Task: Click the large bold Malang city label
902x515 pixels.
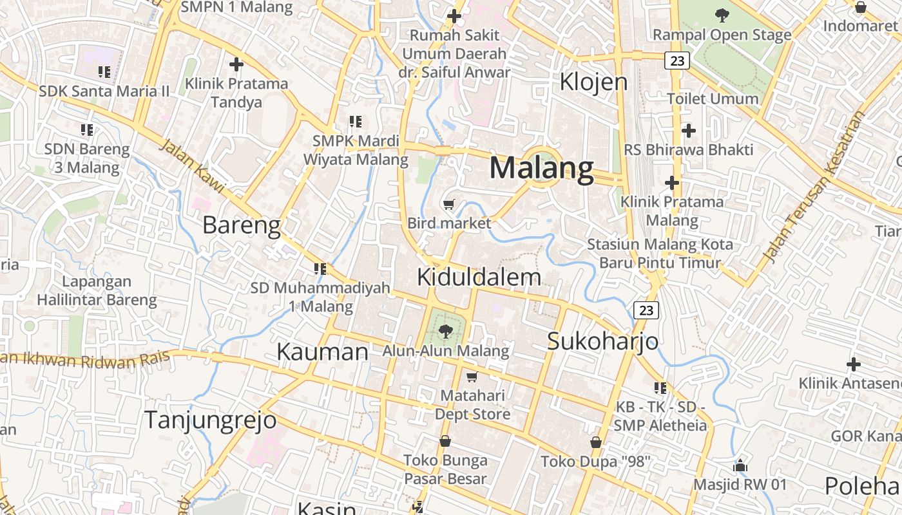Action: coord(541,169)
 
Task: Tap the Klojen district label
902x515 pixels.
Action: coord(593,82)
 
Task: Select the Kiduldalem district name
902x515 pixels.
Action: coord(479,277)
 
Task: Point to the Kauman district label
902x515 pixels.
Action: coord(322,351)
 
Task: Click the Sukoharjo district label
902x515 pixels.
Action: coord(602,341)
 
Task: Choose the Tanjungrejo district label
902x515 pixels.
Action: coord(210,420)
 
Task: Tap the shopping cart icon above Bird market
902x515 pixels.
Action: coord(449,205)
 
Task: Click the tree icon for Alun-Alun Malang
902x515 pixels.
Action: coord(445,332)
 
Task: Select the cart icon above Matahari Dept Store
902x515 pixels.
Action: coord(472,377)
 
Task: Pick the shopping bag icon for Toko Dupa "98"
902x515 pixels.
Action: coord(595,442)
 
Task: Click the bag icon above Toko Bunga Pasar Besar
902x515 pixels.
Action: coord(445,441)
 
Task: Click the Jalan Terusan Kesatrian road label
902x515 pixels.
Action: coord(814,187)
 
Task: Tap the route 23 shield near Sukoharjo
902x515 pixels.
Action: coord(646,310)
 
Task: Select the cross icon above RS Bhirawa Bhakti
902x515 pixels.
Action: coord(688,131)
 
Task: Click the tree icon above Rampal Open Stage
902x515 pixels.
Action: coord(722,15)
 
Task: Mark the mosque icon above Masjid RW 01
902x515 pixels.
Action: coord(740,465)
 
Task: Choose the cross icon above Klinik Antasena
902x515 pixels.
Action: coord(854,364)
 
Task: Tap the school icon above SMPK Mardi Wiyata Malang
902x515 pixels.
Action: coord(355,121)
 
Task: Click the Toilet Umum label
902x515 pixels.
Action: coord(713,98)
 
